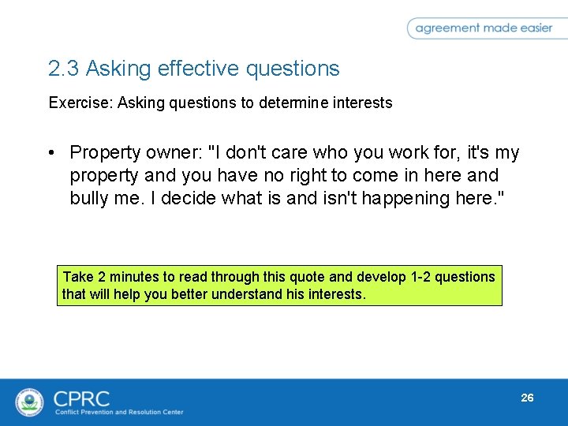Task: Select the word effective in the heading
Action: [198, 69]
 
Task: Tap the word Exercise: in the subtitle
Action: [80, 103]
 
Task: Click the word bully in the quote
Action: [90, 198]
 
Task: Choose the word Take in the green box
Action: [77, 277]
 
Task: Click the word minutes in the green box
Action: [134, 277]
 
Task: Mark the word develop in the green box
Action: [380, 277]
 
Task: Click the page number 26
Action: [527, 398]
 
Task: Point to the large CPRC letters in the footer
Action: [81, 397]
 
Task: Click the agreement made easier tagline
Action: [484, 28]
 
